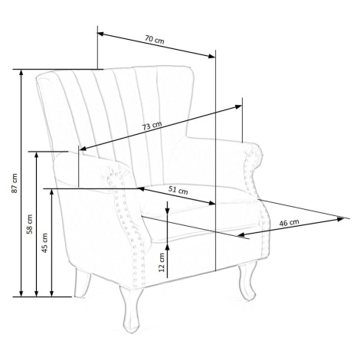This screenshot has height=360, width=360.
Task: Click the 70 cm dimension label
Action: click(x=155, y=40)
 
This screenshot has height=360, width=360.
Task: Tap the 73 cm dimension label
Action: click(x=152, y=126)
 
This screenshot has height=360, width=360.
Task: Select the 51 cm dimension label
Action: click(x=178, y=190)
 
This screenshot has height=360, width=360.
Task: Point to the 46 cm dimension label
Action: click(x=289, y=223)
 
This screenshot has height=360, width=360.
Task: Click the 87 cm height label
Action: click(x=15, y=183)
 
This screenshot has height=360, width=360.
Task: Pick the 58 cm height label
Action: click(x=30, y=224)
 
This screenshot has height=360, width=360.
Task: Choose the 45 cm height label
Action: click(x=45, y=243)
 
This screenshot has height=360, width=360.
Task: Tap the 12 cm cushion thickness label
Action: click(x=162, y=263)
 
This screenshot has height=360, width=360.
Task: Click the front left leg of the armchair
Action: click(x=132, y=309)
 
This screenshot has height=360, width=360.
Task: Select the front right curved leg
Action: click(x=247, y=281)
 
